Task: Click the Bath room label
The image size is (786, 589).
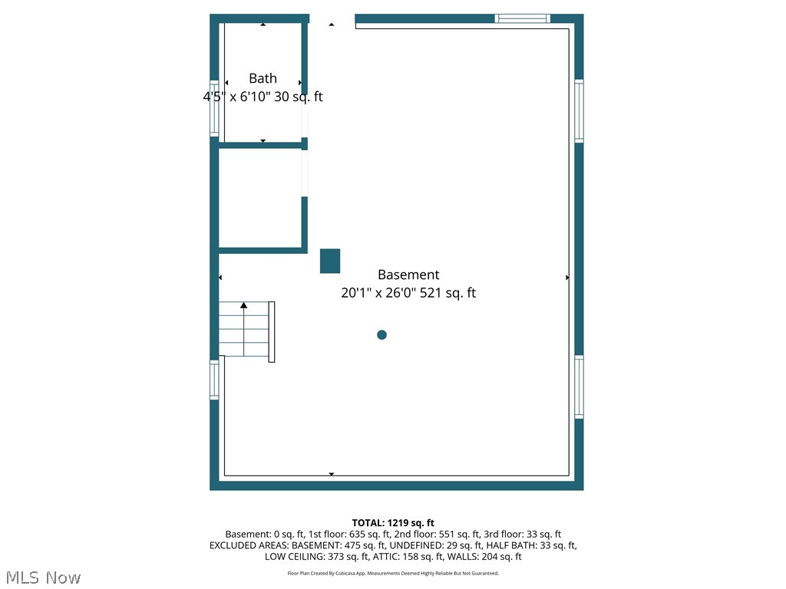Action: (263, 78)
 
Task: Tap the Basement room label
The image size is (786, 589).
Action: (408, 275)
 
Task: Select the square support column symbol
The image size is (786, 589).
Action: (330, 261)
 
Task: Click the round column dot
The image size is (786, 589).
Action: (381, 334)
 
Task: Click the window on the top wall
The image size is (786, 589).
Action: (522, 18)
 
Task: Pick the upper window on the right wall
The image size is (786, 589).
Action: (579, 111)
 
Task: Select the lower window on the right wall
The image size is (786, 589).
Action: (579, 387)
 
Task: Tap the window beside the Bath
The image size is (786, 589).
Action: (215, 108)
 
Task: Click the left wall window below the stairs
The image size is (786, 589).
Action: (214, 380)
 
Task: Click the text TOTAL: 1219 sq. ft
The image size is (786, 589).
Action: (393, 523)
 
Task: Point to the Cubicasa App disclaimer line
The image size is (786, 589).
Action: (393, 573)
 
